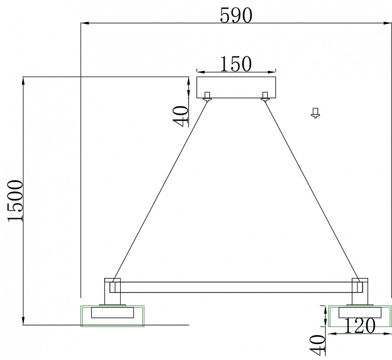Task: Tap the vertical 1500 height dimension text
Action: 15,200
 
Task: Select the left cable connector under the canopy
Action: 207,96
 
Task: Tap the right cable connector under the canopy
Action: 265,96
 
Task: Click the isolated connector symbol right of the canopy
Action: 315,112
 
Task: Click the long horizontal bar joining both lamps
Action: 235,287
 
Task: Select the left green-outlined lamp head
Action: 113,315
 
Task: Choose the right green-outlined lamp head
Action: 360,315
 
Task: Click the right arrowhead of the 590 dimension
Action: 388,22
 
